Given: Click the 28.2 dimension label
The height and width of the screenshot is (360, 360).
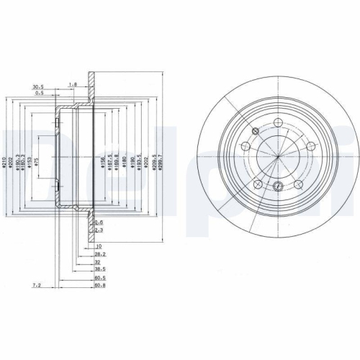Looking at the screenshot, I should (x=99, y=255).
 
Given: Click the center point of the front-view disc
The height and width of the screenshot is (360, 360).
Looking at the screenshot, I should (x=277, y=158).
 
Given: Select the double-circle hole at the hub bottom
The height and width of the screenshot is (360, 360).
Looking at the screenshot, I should (x=278, y=188).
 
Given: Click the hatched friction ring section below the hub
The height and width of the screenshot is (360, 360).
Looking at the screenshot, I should (x=90, y=230).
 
